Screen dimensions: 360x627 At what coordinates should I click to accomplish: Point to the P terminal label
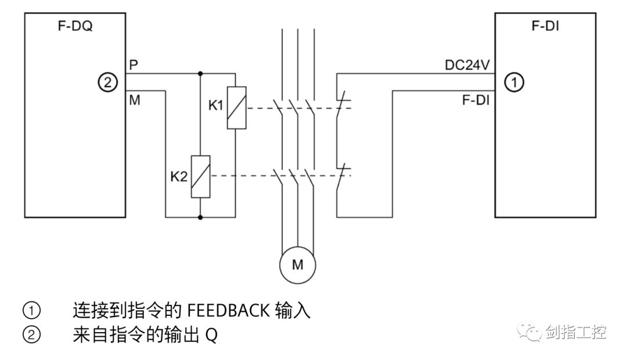(x=134, y=64)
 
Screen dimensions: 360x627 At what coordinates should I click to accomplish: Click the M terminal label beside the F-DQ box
(x=134, y=99)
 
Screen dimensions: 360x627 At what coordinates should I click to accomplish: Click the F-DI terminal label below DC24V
(x=475, y=100)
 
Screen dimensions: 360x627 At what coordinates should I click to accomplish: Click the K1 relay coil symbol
(x=236, y=107)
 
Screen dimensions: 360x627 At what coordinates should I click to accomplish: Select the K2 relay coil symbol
(x=200, y=177)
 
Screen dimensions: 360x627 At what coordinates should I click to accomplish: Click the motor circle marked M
(x=297, y=264)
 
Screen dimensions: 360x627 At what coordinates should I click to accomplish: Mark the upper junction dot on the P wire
(x=200, y=74)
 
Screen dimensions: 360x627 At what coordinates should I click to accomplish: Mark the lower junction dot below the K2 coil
(x=200, y=218)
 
